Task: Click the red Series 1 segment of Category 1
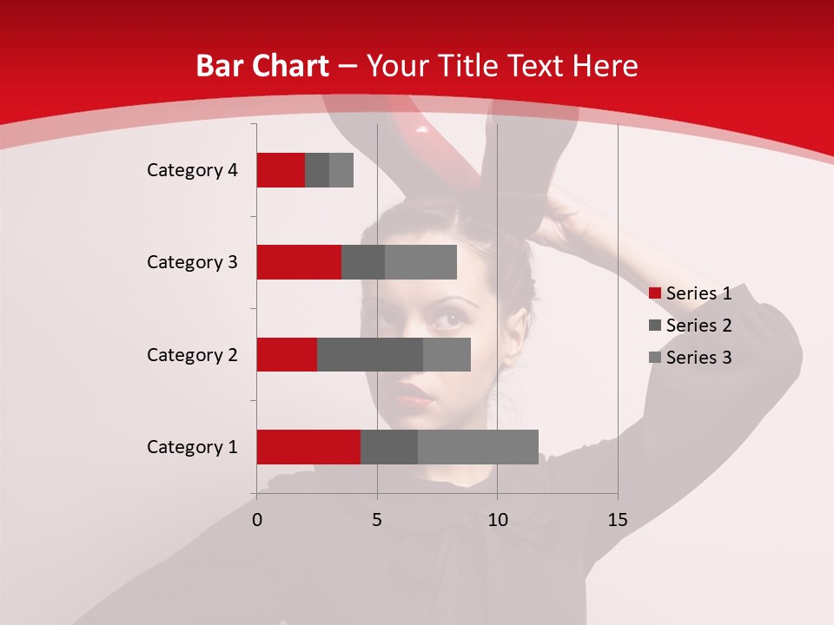coord(308,447)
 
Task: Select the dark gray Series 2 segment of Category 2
coord(370,354)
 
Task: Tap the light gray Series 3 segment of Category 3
coord(420,262)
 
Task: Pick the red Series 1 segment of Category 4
coord(281,170)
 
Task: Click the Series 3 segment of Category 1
coord(478,447)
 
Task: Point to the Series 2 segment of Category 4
coord(317,170)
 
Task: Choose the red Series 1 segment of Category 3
coord(299,262)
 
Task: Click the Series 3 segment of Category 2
coord(447,354)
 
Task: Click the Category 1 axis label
coord(192,447)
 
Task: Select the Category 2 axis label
coord(192,355)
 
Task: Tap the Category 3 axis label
coord(192,262)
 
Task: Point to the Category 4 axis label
coord(192,170)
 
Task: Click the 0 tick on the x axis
coord(257,520)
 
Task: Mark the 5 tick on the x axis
coord(377,520)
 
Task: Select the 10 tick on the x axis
coord(497,520)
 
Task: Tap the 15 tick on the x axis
coord(618,520)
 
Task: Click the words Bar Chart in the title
coord(262,66)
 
